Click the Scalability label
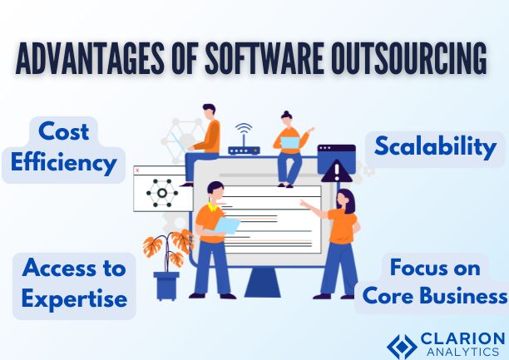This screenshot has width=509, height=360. (x=435, y=147)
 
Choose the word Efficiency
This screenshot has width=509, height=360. (x=65, y=163)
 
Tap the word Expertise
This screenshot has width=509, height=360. (x=75, y=298)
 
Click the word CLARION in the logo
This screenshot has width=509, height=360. (x=463, y=339)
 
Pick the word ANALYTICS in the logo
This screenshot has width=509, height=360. (x=462, y=353)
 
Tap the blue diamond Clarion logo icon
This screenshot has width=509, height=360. (x=403, y=346)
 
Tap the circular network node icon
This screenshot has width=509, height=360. (x=161, y=193)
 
